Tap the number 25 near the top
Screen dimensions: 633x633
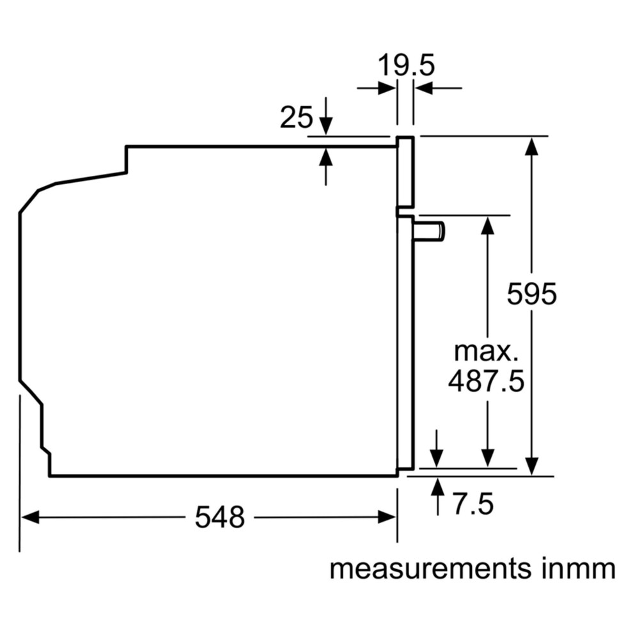pyautogui.click(x=296, y=118)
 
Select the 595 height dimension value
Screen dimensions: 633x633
pyautogui.click(x=532, y=294)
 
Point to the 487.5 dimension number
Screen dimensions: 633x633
pyautogui.click(x=486, y=381)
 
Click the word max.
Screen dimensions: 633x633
pyautogui.click(x=486, y=352)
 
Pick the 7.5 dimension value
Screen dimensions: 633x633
pyautogui.click(x=473, y=504)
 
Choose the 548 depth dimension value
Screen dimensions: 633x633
pyautogui.click(x=219, y=517)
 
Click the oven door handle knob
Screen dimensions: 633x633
pyautogui.click(x=430, y=231)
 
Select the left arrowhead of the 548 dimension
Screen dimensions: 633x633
pyautogui.click(x=30, y=517)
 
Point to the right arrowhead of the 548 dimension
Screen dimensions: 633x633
pyautogui.click(x=387, y=517)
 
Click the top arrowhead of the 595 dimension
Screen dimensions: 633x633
pyautogui.click(x=532, y=146)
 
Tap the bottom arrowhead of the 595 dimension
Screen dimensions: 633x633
pyautogui.click(x=532, y=466)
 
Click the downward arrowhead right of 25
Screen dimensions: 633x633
pyautogui.click(x=326, y=126)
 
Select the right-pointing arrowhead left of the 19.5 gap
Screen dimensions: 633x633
pyautogui.click(x=387, y=88)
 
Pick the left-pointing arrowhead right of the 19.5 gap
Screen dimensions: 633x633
pyautogui.click(x=424, y=88)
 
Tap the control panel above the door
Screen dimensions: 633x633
pyautogui.click(x=405, y=172)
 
